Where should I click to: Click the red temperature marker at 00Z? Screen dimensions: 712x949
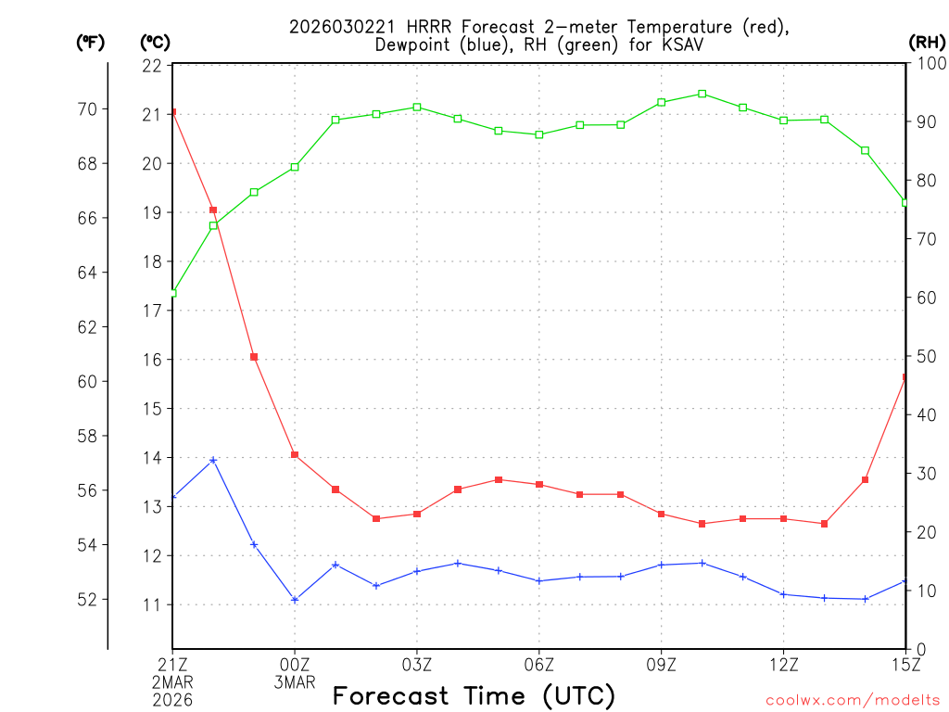pyautogui.click(x=295, y=454)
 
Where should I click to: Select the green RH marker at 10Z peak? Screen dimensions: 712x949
pyautogui.click(x=702, y=94)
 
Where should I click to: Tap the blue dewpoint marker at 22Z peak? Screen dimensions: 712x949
pyautogui.click(x=213, y=460)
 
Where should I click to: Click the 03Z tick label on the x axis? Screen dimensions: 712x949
pyautogui.click(x=417, y=664)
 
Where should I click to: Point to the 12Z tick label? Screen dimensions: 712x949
pyautogui.click(x=783, y=664)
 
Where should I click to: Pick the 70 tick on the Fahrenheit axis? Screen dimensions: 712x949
pyautogui.click(x=87, y=109)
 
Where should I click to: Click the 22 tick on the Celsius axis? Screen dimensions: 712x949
pyautogui.click(x=152, y=66)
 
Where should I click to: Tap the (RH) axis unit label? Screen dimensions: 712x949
pyautogui.click(x=927, y=42)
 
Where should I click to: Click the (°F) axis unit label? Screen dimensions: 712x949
pyautogui.click(x=90, y=42)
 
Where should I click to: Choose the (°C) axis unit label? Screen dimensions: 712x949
pyautogui.click(x=155, y=42)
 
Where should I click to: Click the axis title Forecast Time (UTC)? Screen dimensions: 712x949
pyautogui.click(x=474, y=695)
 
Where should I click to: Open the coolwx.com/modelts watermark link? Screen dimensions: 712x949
pyautogui.click(x=853, y=700)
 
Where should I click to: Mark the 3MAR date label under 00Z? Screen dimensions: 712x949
pyautogui.click(x=295, y=682)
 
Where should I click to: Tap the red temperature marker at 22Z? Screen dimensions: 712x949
pyautogui.click(x=213, y=210)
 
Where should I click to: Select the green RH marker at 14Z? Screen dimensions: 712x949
pyautogui.click(x=865, y=150)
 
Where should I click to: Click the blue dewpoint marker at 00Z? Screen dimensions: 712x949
pyautogui.click(x=295, y=600)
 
